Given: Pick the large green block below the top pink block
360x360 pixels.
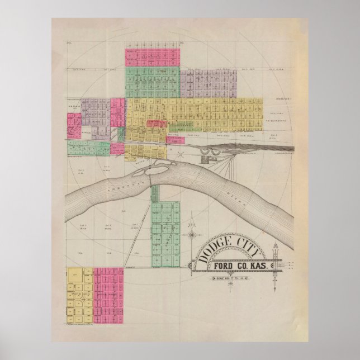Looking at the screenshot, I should coord(153,82).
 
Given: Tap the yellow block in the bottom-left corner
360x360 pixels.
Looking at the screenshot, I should coord(80,295).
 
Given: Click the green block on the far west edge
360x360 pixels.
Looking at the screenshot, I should coord(88,148).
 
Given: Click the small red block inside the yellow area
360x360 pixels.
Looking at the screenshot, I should coord(157,123).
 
